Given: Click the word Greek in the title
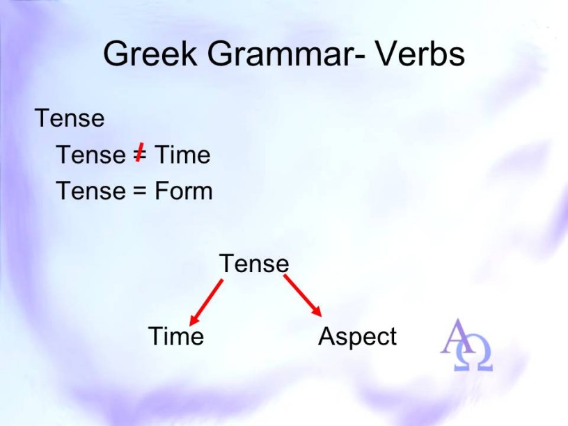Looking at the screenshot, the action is coord(150,54).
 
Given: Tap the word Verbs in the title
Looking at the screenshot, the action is coord(420,54).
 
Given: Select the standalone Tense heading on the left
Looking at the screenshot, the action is coord(70,118).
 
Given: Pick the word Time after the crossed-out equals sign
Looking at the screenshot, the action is coord(182,155).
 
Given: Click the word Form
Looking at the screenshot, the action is coord(183,191).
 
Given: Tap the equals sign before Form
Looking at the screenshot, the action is coord(139,191).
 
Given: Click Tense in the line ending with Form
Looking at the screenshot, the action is coord(90,191).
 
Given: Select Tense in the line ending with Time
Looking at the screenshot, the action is coord(90,155).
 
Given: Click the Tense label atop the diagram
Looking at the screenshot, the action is coord(254,263).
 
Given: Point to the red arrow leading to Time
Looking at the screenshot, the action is coord(206,302).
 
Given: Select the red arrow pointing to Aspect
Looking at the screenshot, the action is coord(303,296).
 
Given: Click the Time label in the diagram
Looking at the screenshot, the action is coord(176,336).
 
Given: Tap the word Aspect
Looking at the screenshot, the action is coord(358,336).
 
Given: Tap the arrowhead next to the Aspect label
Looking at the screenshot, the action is coord(317,312).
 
